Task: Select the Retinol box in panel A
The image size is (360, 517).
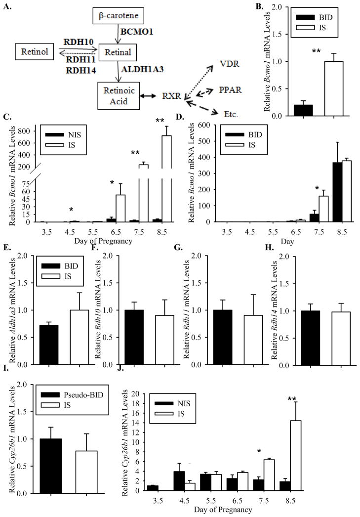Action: point(33,50)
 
